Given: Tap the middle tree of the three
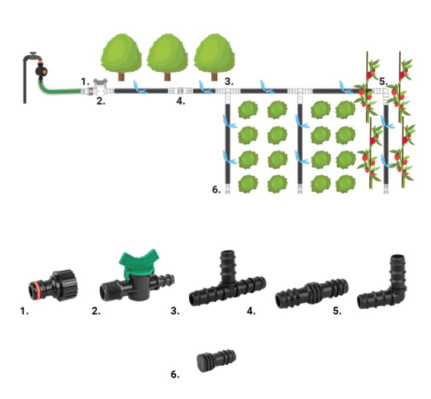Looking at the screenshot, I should [168, 53].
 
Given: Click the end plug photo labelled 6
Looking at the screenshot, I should [215, 361].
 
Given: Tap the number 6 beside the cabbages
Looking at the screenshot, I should [216, 190].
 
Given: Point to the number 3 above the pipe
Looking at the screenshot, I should [229, 81].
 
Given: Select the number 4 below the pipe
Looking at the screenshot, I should [180, 100].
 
